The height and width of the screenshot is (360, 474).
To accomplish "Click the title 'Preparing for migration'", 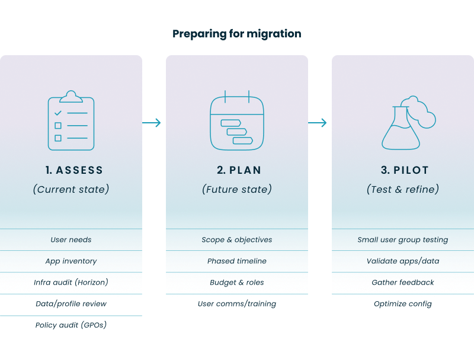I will pyautogui.click(x=237, y=34).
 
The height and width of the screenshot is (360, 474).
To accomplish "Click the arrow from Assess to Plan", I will pyautogui.click(x=152, y=123).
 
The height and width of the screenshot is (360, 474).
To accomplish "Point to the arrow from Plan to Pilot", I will pyautogui.click(x=318, y=123).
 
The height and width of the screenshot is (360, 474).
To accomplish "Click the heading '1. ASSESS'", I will pyautogui.click(x=74, y=170).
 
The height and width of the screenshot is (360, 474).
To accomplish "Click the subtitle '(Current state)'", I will pyautogui.click(x=71, y=190).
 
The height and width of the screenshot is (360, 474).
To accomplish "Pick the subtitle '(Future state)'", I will pyautogui.click(x=237, y=190).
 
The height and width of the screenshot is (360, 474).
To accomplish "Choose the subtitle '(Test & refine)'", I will pyautogui.click(x=403, y=190).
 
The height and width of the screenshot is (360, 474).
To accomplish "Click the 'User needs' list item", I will pyautogui.click(x=71, y=240).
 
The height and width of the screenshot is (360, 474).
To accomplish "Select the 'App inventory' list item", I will pyautogui.click(x=71, y=262).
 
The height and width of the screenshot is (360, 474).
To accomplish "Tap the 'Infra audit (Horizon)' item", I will pyautogui.click(x=71, y=283).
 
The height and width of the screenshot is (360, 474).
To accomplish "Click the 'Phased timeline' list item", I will pyautogui.click(x=237, y=262).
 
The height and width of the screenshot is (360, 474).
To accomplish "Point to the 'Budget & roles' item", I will pyautogui.click(x=237, y=283).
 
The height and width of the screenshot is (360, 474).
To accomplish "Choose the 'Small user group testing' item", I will pyautogui.click(x=403, y=240).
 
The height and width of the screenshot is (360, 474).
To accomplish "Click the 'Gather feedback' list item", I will pyautogui.click(x=403, y=283).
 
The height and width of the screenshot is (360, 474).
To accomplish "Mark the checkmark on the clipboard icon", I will pyautogui.click(x=57, y=113).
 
